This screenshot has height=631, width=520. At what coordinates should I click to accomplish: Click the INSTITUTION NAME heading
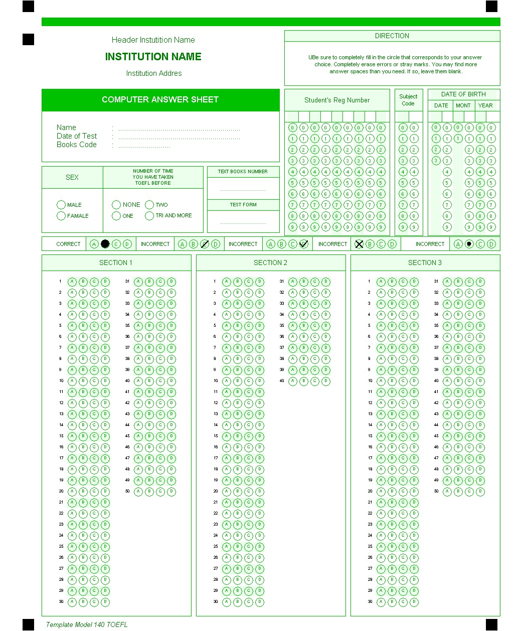coord(153,57)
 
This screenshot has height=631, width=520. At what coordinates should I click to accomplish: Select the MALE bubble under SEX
coord(61,205)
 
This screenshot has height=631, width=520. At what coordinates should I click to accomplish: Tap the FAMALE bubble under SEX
coord(61,216)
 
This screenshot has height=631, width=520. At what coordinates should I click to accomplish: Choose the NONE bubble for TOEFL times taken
coord(116,205)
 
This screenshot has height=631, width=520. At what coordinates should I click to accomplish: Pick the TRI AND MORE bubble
coord(149,216)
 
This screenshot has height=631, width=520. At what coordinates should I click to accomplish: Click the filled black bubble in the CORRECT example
coord(105,244)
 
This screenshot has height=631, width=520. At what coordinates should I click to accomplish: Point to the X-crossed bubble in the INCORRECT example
coord(359,244)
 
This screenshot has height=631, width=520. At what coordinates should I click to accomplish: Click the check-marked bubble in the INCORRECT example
coord(304,244)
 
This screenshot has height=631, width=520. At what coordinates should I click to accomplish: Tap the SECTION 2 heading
coord(270,263)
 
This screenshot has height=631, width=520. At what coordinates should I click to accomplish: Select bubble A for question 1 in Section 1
coord(72,282)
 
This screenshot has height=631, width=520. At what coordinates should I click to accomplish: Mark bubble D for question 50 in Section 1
coord(171,491)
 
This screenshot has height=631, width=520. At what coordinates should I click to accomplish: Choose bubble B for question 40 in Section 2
coord(303,381)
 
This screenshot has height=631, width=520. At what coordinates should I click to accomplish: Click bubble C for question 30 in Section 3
coord(403,602)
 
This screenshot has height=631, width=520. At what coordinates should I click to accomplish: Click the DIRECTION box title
coord(392,36)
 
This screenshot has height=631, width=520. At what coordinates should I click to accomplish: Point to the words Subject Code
coord(408,100)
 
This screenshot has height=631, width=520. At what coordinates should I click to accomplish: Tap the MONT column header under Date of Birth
coord(463,105)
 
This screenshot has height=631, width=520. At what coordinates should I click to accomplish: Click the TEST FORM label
coord(243,205)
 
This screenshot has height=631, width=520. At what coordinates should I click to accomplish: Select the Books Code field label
coord(76,145)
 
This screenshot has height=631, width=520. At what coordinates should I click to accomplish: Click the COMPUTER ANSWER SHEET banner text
coord(160,99)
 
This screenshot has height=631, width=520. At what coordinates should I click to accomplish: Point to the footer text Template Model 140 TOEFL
coord(87,624)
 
